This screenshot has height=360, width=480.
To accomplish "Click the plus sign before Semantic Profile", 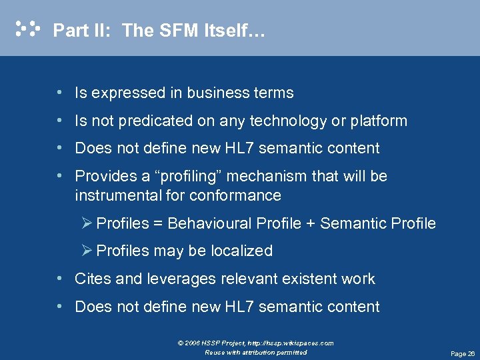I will (x=311, y=223).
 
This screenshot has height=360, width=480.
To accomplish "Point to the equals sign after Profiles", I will (x=158, y=223).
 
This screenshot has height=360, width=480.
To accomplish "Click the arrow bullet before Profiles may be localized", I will (x=87, y=251).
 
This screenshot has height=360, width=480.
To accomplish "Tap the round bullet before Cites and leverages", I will (x=60, y=279).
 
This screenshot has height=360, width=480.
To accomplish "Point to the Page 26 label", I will (x=463, y=353).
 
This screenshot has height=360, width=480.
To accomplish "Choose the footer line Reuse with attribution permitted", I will (x=256, y=352).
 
